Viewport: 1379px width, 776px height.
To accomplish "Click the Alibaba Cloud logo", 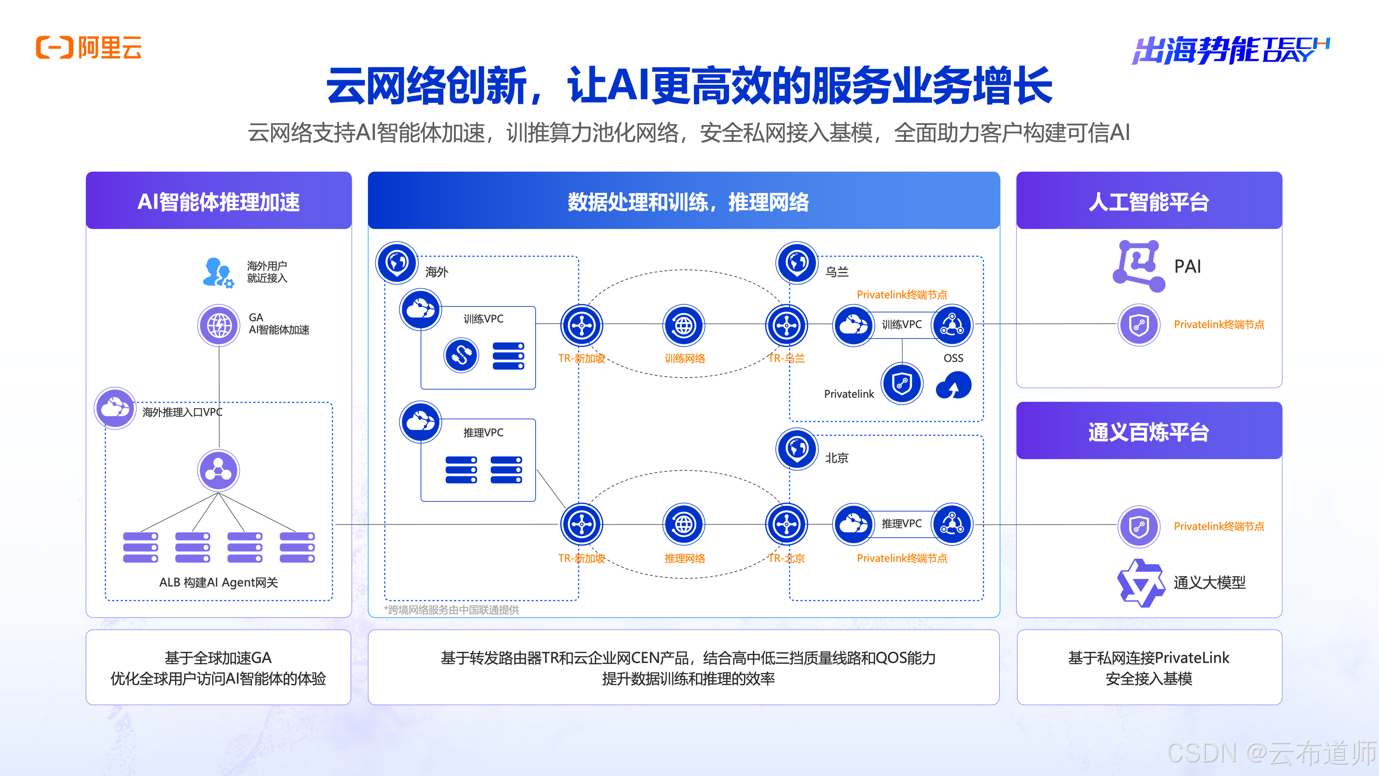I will click(89, 48).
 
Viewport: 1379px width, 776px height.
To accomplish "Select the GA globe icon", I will click(218, 325).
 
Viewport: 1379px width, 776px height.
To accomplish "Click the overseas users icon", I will click(217, 272).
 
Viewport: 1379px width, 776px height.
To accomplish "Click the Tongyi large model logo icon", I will click(1140, 583).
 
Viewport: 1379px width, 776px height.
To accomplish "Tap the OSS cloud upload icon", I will click(953, 385).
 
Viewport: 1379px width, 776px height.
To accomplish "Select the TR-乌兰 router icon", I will click(786, 325).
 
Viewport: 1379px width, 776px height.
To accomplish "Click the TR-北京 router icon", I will click(786, 524).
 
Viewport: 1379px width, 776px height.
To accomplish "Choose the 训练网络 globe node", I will click(683, 325).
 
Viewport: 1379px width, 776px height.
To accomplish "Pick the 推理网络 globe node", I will click(683, 524).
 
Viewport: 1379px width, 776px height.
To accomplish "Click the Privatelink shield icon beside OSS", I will click(902, 383).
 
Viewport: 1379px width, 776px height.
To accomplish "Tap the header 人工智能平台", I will click(1149, 202).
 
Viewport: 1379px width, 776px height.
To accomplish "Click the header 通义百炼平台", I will click(1149, 432).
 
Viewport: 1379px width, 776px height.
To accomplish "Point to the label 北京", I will click(837, 458).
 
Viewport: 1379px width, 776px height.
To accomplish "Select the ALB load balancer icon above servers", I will click(218, 471).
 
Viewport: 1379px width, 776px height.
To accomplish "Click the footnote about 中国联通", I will click(451, 610).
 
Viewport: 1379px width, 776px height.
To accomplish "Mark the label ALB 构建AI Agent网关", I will click(218, 582).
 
